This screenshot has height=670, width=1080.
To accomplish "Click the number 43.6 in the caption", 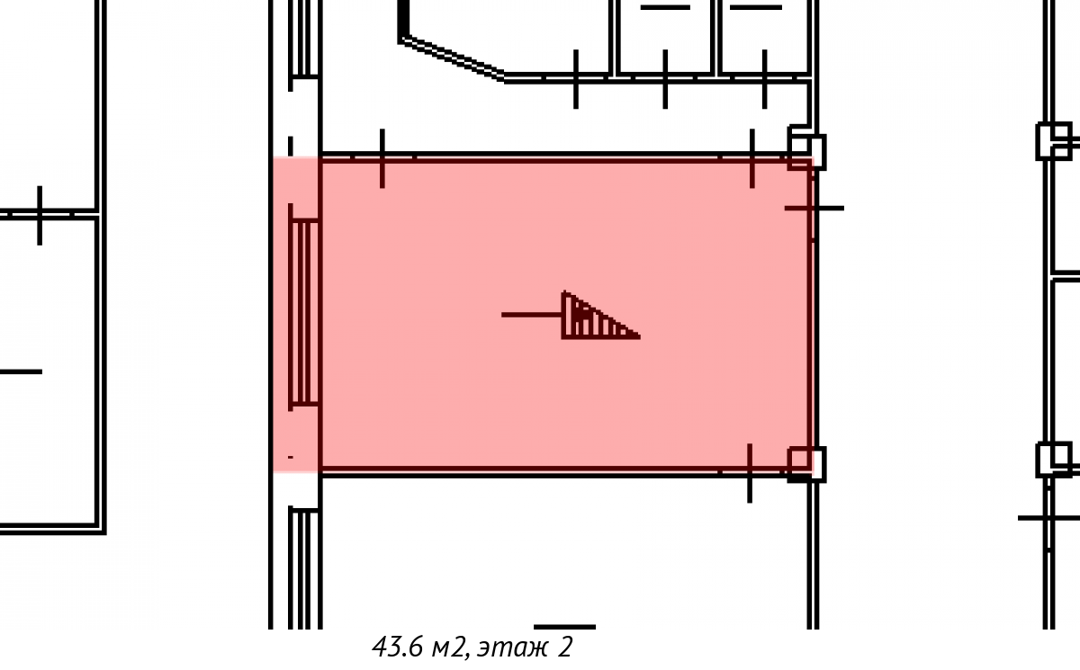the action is (x=397, y=647).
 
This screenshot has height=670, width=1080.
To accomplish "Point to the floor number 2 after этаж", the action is (x=565, y=648).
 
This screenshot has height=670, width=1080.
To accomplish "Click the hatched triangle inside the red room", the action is (x=593, y=317).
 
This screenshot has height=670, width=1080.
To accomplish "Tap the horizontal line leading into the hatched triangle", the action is (x=532, y=315).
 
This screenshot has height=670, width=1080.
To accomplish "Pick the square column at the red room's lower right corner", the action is (x=806, y=464).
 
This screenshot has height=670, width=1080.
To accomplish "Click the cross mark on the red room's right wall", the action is (x=814, y=209).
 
